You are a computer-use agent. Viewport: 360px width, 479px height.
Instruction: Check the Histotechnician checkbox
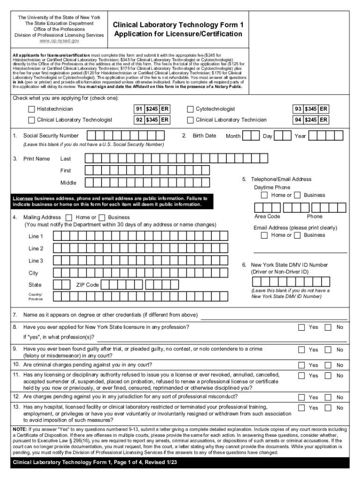31,109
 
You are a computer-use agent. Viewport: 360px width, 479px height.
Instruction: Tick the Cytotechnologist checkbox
190,109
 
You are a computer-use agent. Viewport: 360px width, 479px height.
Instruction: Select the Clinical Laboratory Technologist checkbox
31,120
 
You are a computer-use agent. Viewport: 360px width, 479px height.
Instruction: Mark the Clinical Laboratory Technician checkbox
190,120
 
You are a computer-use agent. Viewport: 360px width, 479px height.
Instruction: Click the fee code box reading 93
298,109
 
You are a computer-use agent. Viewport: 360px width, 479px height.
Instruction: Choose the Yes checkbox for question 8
302,327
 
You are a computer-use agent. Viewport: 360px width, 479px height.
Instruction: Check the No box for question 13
328,408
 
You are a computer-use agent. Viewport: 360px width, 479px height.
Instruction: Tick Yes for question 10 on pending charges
302,365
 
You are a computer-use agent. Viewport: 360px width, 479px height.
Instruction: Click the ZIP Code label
87,285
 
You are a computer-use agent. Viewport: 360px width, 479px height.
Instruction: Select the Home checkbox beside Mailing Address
69,218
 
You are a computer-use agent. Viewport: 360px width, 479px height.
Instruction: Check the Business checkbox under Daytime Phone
297,195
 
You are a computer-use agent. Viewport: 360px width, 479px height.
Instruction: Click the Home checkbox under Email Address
265,235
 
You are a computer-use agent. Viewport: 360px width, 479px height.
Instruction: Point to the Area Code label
267,217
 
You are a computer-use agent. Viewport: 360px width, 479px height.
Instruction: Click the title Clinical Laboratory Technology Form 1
178,25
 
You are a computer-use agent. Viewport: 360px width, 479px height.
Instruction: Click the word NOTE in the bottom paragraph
20,429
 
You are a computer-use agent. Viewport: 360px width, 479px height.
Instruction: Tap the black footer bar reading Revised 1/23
180,463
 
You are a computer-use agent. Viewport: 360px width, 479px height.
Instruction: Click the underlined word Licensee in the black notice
23,198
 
